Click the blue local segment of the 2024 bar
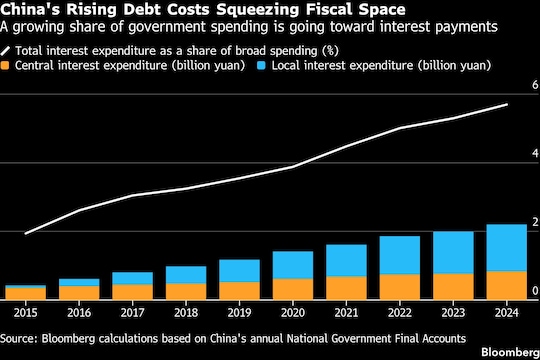(507, 248)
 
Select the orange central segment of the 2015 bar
(26, 294)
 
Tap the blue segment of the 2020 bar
(293, 265)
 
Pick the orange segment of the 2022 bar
(400, 287)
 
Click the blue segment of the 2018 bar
(186, 275)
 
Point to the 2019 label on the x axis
(239, 313)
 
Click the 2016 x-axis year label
(79, 313)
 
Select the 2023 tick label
(453, 313)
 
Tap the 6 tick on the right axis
(535, 85)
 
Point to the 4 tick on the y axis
(535, 153)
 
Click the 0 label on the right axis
(535, 290)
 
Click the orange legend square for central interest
(5, 65)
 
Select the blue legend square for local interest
(261, 65)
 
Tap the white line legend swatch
(5, 51)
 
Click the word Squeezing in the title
(257, 9)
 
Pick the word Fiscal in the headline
(329, 9)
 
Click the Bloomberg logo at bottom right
(510, 352)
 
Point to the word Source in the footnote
(18, 339)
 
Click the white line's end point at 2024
(507, 104)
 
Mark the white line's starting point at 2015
(26, 234)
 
